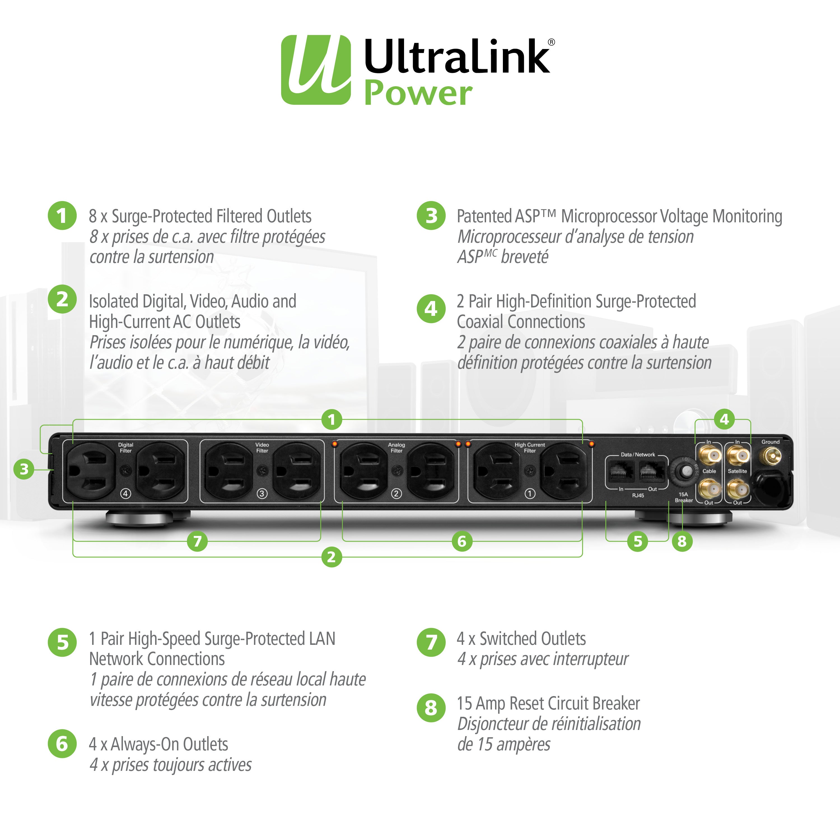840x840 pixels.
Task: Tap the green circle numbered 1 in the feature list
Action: (62, 215)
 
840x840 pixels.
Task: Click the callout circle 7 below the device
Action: (197, 541)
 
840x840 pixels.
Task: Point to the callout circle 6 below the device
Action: (462, 541)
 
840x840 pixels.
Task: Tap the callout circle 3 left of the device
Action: (24, 469)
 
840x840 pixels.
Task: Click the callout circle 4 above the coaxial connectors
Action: (724, 419)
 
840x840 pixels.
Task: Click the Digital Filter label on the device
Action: (126, 447)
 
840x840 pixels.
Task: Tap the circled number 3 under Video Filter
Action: (262, 493)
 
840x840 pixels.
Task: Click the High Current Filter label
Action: (529, 447)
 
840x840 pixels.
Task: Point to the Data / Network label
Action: (638, 454)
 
